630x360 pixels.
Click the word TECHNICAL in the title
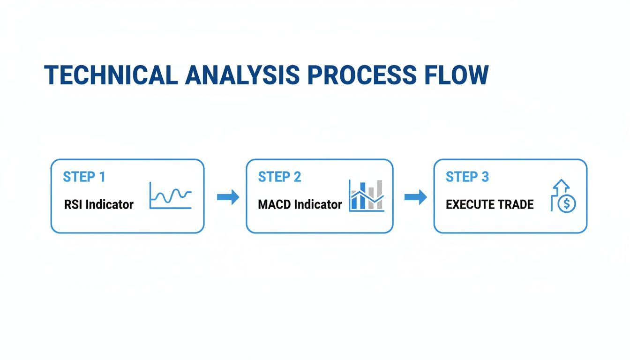pyautogui.click(x=111, y=75)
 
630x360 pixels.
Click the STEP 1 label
pyautogui.click(x=84, y=177)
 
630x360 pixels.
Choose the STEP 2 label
pyautogui.click(x=279, y=177)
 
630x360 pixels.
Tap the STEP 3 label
pyautogui.click(x=467, y=177)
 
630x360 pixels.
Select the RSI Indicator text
pyautogui.click(x=98, y=204)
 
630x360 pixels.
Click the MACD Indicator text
pyautogui.click(x=300, y=204)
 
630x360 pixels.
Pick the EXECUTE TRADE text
pyautogui.click(x=489, y=204)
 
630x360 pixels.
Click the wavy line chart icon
pyautogui.click(x=170, y=195)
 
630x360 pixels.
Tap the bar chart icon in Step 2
pyautogui.click(x=367, y=195)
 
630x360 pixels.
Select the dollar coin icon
pyautogui.click(x=568, y=203)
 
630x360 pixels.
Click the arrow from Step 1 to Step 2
pyautogui.click(x=228, y=197)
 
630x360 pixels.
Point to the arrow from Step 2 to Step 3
pyautogui.click(x=415, y=197)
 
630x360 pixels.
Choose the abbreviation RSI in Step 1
pyautogui.click(x=73, y=204)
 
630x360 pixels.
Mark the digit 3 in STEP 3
pyautogui.click(x=485, y=177)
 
